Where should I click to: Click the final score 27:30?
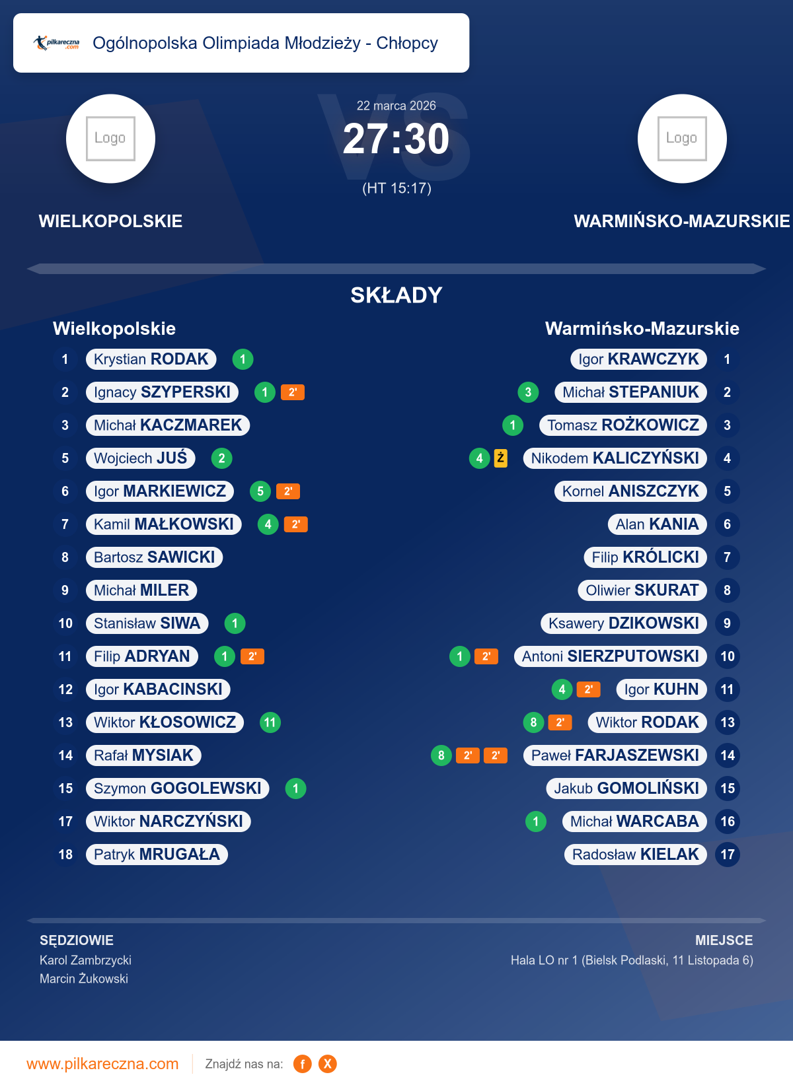[396, 139]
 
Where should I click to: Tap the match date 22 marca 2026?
[396, 106]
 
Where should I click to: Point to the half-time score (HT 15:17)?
[397, 188]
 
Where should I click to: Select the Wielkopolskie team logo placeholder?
[110, 139]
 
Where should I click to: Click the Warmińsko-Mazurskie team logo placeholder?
[682, 139]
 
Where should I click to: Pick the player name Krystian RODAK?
[151, 359]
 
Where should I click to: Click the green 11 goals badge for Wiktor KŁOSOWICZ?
[270, 722]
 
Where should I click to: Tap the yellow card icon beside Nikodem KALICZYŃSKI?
[501, 458]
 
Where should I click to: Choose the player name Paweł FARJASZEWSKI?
[615, 755]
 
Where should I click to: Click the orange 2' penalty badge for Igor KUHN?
[588, 689]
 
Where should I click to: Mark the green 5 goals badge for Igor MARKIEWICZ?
[260, 491]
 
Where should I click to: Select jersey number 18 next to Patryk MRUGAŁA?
[65, 855]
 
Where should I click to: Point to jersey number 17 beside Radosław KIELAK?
[728, 855]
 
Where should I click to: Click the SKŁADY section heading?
[396, 295]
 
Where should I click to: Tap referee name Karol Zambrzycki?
[85, 960]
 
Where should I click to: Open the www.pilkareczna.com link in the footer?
[102, 1064]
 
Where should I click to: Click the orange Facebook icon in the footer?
[303, 1064]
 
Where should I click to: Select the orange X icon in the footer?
[327, 1064]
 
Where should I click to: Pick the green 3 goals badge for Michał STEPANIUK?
[528, 392]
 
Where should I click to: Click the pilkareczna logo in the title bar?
[57, 44]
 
